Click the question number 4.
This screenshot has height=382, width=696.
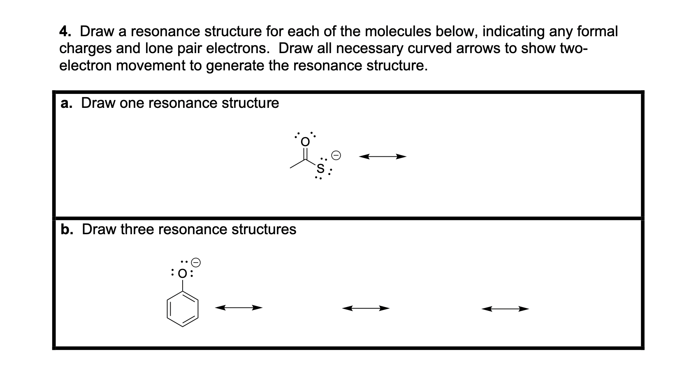(64, 32)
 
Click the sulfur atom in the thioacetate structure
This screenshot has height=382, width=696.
(320, 168)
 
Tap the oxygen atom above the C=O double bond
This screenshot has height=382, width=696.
(305, 142)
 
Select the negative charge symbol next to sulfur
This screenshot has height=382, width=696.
(336, 156)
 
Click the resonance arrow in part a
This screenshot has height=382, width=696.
(383, 156)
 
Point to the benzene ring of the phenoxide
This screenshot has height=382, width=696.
(183, 310)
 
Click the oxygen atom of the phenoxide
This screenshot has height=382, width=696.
(183, 273)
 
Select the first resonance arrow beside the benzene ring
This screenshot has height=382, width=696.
(239, 307)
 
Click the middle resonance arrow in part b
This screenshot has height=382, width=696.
(366, 308)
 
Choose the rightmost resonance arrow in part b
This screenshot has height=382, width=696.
(505, 308)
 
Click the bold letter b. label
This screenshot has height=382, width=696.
(67, 230)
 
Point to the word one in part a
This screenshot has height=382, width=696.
(132, 103)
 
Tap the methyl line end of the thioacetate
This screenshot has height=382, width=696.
(290, 168)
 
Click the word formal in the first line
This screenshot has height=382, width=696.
(597, 32)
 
